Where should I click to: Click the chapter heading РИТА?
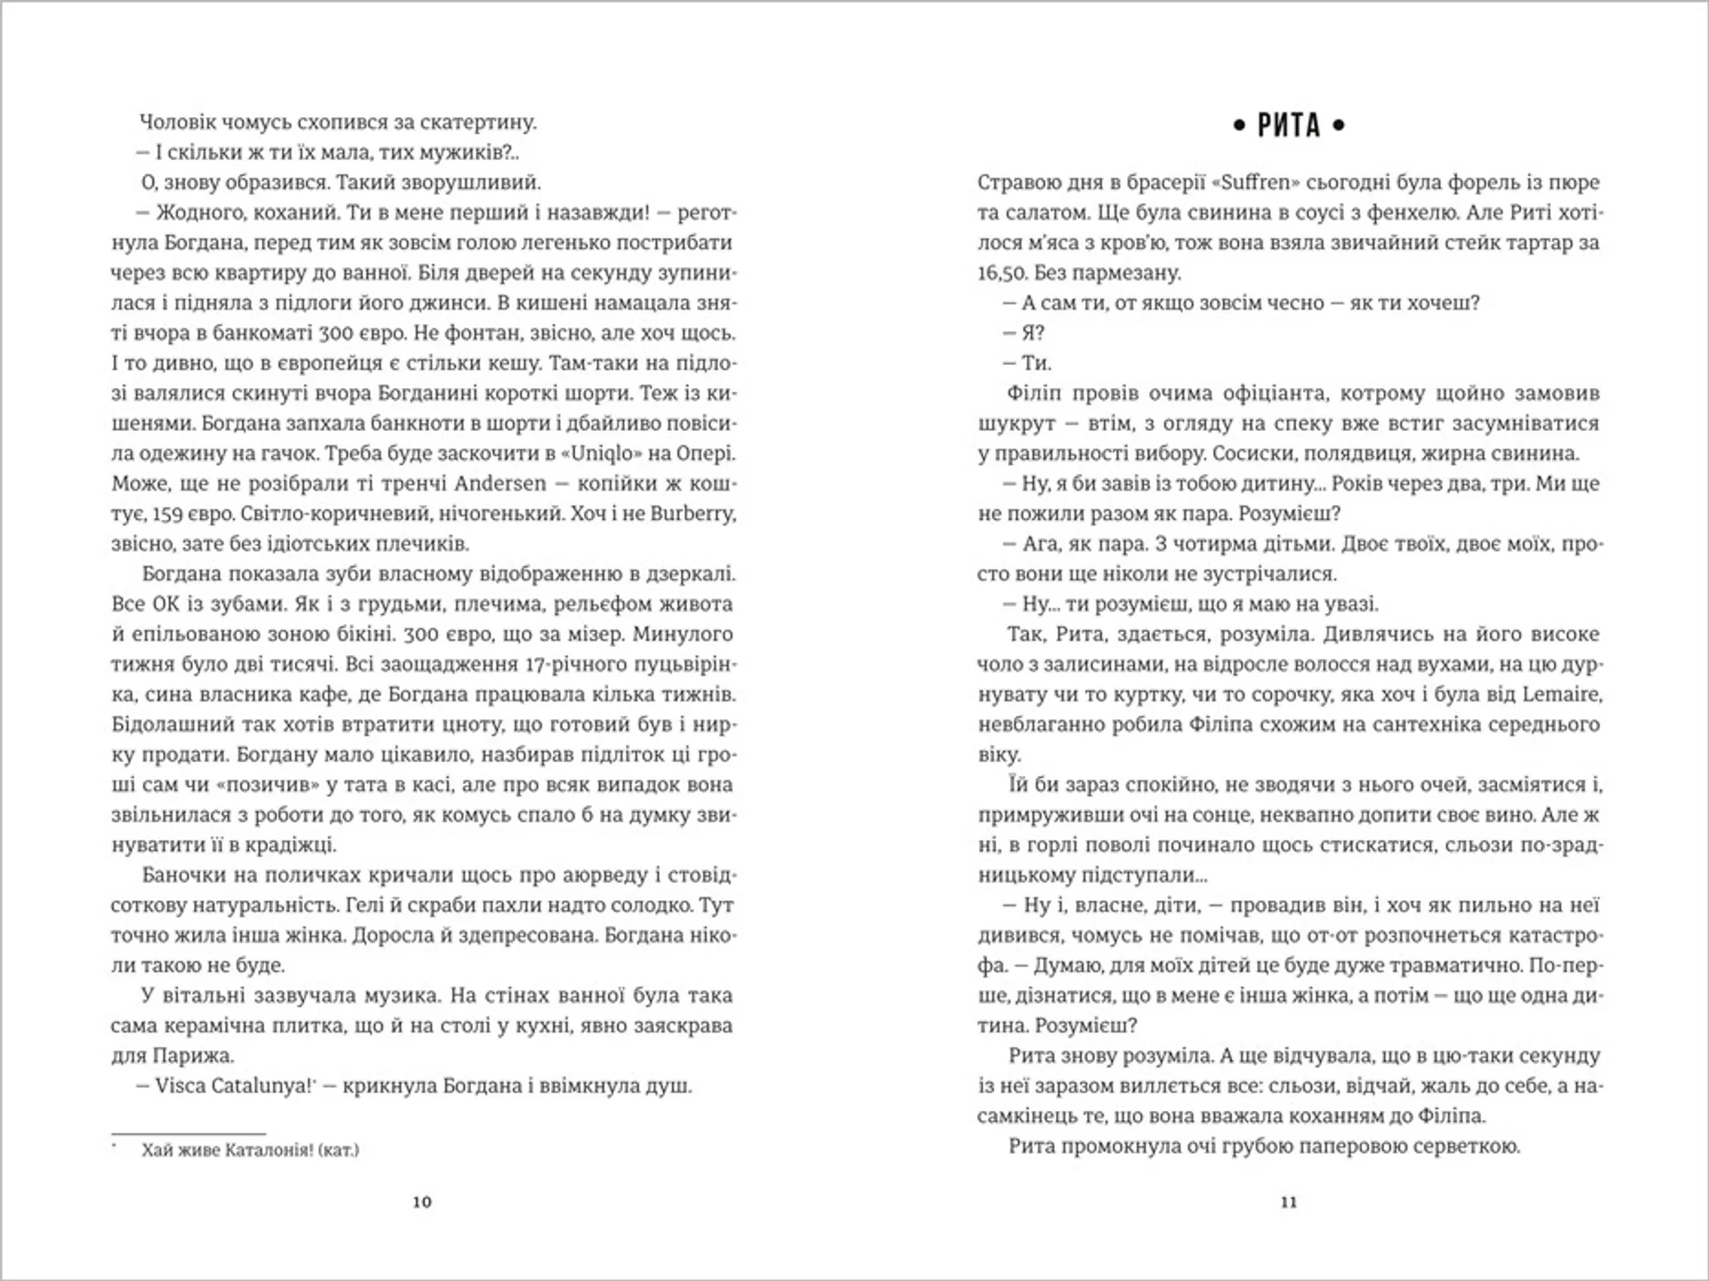pyautogui.click(x=1289, y=126)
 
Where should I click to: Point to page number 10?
pyautogui.click(x=422, y=1202)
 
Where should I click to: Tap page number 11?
pyautogui.click(x=1289, y=1202)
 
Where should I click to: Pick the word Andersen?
pyautogui.click(x=500, y=483)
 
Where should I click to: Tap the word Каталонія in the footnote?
pyautogui.click(x=264, y=1150)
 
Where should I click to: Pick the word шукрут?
pyautogui.click(x=1015, y=424)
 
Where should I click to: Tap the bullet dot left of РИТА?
pyautogui.click(x=1239, y=127)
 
